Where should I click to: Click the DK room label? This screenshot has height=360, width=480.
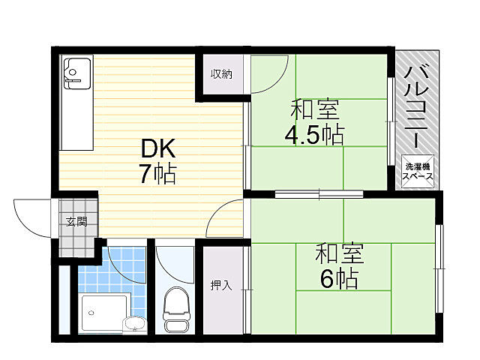coord(158,148)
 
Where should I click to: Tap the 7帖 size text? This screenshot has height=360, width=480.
coord(158,174)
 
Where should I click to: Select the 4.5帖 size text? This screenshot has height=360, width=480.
coord(314,134)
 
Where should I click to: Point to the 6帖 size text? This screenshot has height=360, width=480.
coord(339,278)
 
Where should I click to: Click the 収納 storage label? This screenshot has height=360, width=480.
coord(221,73)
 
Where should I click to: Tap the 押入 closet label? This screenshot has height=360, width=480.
coord(221,285)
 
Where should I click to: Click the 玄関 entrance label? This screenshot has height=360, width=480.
coord(76,221)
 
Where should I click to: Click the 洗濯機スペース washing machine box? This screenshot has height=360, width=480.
coord(418,172)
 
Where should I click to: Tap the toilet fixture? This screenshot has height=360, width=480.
coord(176,308)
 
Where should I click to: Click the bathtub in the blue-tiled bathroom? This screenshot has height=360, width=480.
coord(104,313)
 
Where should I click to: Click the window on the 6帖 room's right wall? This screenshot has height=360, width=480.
coord(439,268)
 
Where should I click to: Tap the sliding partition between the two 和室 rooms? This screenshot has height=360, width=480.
coord(319,194)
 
